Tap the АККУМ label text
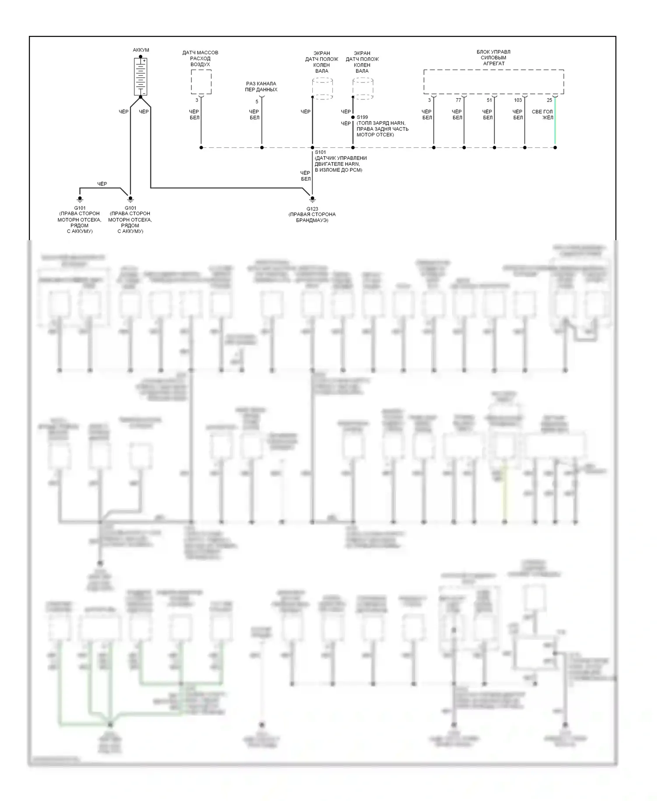click(141, 50)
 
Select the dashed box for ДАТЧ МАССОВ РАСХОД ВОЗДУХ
click(201, 82)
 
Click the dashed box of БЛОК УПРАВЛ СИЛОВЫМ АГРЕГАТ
click(493, 82)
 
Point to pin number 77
click(458, 100)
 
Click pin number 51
click(489, 100)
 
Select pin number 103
click(518, 100)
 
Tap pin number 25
click(549, 100)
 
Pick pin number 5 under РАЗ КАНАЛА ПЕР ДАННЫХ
click(257, 102)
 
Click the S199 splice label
click(362, 117)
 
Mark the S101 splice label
click(320, 152)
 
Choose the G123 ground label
click(312, 209)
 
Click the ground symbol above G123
click(312, 199)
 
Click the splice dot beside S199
click(353, 117)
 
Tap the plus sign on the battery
click(144, 61)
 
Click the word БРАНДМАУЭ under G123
click(312, 220)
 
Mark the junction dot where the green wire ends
click(555, 148)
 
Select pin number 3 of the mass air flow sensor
click(197, 100)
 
